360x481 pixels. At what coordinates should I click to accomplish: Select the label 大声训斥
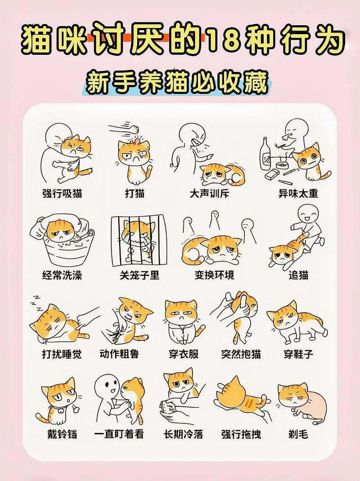(209, 193)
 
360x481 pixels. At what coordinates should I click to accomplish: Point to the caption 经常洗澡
(63, 274)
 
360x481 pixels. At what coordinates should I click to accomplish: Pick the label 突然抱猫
(241, 354)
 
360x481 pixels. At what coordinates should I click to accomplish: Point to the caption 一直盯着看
(119, 434)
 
